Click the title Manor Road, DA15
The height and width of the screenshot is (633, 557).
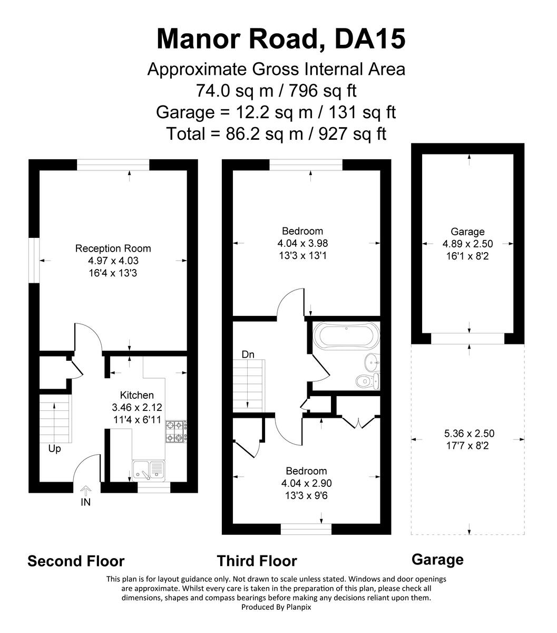click(281, 39)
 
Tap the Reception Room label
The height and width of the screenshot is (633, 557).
click(113, 248)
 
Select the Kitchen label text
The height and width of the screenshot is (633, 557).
click(137, 395)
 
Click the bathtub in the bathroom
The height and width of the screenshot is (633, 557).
click(346, 335)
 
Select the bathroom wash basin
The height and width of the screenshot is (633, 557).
click(372, 361)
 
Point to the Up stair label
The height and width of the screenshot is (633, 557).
click(54, 449)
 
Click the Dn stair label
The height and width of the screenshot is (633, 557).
click(248, 355)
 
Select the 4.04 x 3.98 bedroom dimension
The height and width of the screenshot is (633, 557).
click(302, 244)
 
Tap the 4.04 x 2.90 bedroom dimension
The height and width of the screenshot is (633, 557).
click(306, 483)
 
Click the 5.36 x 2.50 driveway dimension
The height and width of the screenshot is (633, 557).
click(469, 434)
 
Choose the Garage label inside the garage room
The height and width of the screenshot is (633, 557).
click(467, 232)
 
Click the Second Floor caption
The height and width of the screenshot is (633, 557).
click(76, 561)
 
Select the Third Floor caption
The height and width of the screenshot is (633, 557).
click(257, 561)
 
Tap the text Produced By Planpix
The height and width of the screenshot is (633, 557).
click(276, 607)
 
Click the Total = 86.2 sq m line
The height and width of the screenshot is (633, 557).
click(276, 134)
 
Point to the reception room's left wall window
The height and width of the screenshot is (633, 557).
click(34, 260)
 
